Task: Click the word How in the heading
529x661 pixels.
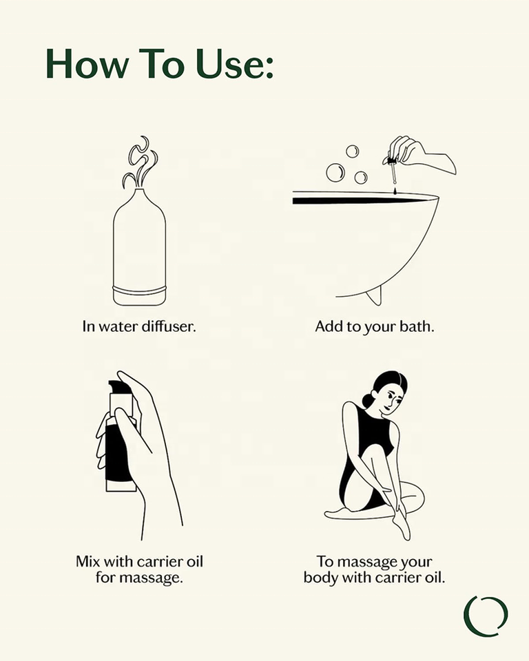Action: pos(87,63)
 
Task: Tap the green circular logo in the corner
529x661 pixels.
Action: pos(486,616)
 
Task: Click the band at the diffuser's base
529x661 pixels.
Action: pos(140,290)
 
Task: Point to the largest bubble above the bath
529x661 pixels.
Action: pos(335,171)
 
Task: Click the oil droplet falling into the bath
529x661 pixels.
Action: pos(395,191)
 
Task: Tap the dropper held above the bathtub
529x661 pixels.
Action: pos(392,171)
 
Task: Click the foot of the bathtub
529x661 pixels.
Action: pos(374,295)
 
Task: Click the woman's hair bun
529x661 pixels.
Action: pos(367,400)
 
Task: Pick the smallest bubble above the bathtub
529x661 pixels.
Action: pos(352,151)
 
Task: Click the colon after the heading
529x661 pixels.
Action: pos(270,67)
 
